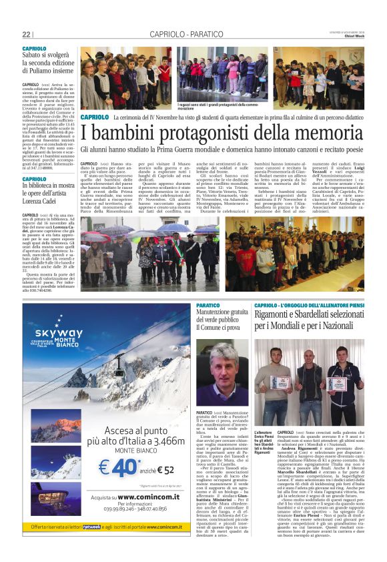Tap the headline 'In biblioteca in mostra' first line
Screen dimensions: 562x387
tap(50, 187)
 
